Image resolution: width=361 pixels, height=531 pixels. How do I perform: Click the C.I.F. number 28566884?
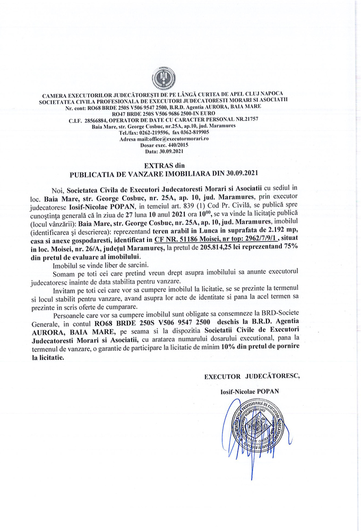[98, 121]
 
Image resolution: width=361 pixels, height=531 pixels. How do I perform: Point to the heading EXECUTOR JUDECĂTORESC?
[252, 376]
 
